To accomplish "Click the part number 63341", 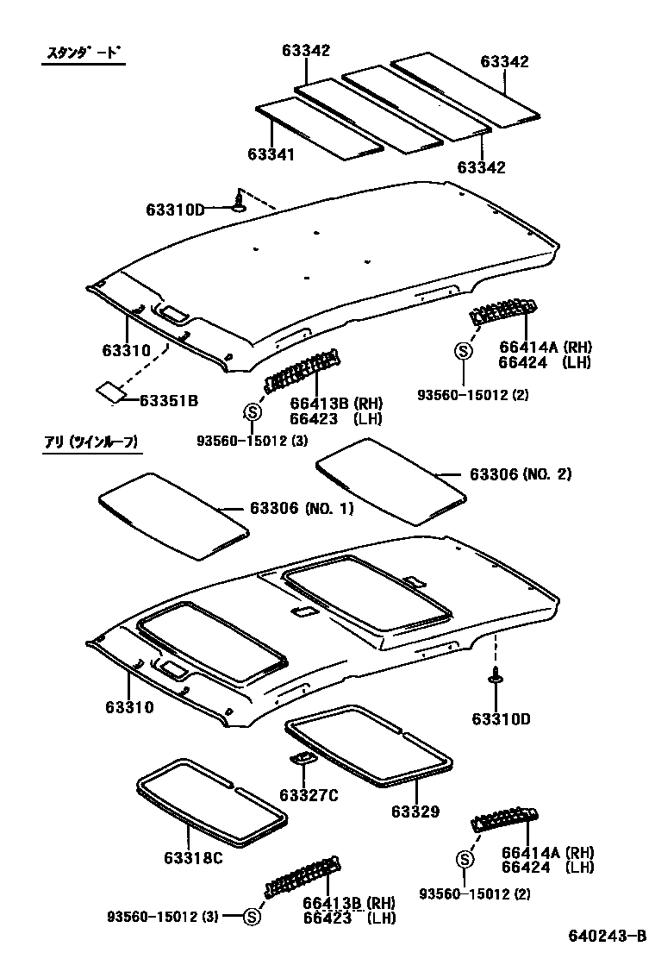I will [271, 154].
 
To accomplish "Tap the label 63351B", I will [170, 400].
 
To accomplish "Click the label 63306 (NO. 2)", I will [521, 474].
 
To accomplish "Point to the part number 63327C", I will [309, 794].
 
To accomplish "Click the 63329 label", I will [415, 812].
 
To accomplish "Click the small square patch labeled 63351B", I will [109, 391].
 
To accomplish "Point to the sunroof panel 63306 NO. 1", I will [172, 515].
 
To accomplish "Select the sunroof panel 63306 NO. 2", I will [392, 478].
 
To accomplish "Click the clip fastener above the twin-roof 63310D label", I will [497, 677].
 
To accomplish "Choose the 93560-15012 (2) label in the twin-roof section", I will [475, 894].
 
